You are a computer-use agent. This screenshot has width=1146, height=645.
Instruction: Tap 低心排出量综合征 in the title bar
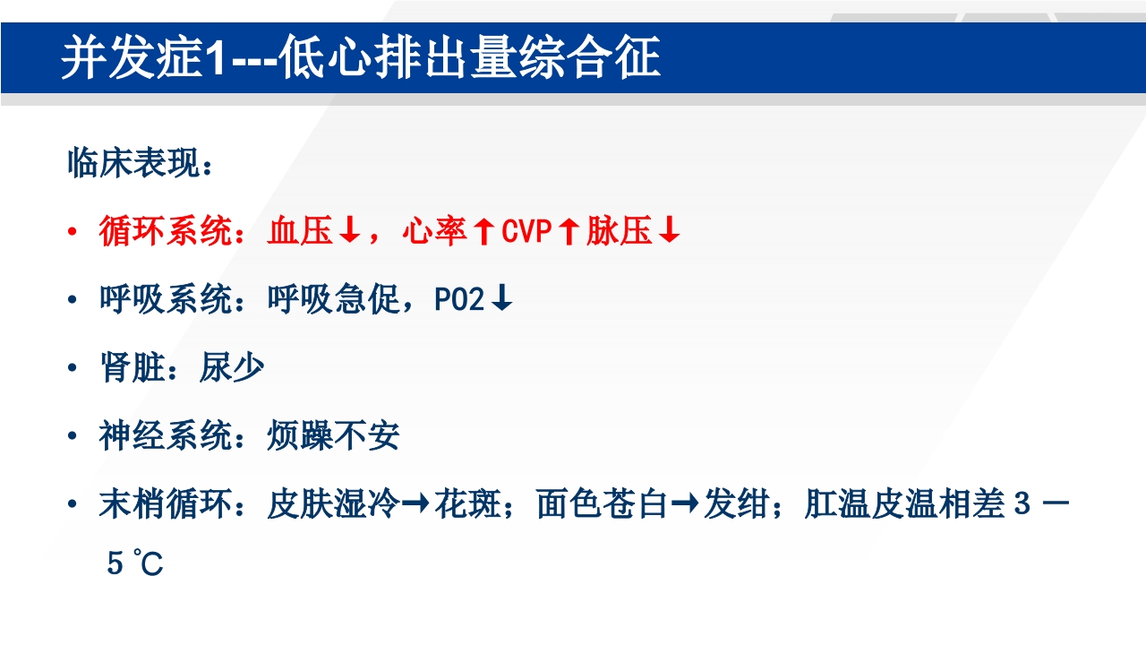coord(469,59)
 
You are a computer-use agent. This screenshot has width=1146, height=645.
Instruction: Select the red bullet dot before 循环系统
coord(73,233)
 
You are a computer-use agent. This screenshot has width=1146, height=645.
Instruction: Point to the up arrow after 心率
coord(483,233)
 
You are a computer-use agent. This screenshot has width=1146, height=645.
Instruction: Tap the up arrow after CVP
coord(568,233)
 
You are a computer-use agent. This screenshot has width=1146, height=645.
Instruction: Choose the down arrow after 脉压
coord(669,233)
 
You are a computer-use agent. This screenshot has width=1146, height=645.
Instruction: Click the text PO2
coord(460,301)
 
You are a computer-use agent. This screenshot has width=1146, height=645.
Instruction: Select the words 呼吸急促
coord(333,301)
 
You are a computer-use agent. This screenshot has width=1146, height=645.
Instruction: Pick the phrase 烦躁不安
coord(333,437)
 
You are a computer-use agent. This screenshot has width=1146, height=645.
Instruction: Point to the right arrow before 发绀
coord(686,505)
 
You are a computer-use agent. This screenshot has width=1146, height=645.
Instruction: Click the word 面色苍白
coord(603,505)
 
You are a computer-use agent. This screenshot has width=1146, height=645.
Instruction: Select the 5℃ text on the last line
coord(135,564)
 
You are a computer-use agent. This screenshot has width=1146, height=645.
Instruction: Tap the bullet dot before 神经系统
coord(73,437)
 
